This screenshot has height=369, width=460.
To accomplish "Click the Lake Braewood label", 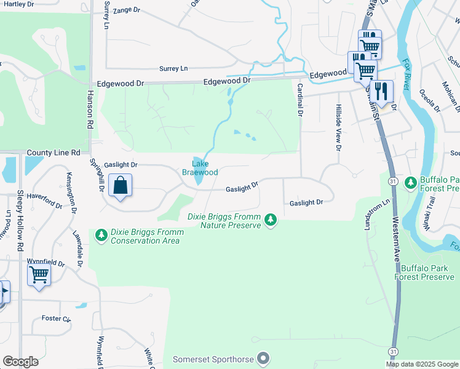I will pos(200,168).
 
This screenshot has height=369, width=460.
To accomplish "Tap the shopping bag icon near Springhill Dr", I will pos(121,184).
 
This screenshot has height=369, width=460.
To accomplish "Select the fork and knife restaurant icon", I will pos(381,92).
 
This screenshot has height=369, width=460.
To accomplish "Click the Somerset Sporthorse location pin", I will pos(264,357).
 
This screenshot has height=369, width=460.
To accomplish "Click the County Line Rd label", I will pos(54,152).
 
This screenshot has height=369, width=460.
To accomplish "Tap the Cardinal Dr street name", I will pos(301,100).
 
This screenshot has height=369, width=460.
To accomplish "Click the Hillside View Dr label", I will pos(338,127).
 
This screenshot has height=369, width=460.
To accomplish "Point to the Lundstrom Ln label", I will pos(370,213).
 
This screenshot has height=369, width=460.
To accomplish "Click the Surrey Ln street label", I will pos(173,69).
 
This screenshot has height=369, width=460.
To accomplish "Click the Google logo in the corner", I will pos(20,362).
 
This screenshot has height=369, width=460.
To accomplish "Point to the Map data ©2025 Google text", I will pos(421,364).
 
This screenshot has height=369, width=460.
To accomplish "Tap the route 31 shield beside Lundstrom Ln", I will pos(392,180).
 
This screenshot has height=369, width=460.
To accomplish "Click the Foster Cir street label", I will pos(56,319).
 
